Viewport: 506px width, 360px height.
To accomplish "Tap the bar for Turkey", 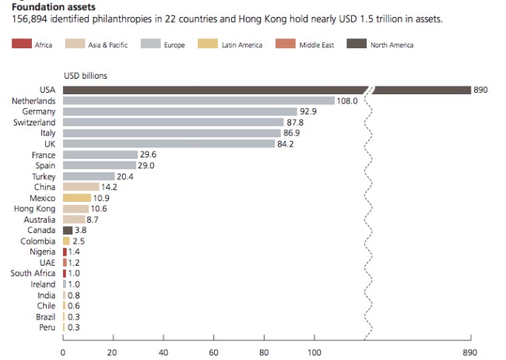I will tap(88, 176).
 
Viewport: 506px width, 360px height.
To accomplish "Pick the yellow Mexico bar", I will tap(76, 198).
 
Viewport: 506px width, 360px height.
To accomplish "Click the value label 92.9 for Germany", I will tap(310, 111).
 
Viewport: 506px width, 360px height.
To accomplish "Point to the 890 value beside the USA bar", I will tap(480, 90).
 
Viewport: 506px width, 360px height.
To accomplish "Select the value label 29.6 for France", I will tap(149, 154).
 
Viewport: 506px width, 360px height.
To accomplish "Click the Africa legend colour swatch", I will tap(21, 45).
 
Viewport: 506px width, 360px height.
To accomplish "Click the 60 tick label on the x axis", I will tap(214, 351).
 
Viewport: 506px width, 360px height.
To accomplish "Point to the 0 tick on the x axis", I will tap(63, 351).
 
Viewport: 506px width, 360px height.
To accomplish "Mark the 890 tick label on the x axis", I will tap(470, 351).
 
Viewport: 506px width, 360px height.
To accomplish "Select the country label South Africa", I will tap(33, 274).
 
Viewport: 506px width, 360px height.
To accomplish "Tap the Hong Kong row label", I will tap(35, 209).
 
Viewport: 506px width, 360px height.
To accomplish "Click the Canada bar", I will tap(68, 231).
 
